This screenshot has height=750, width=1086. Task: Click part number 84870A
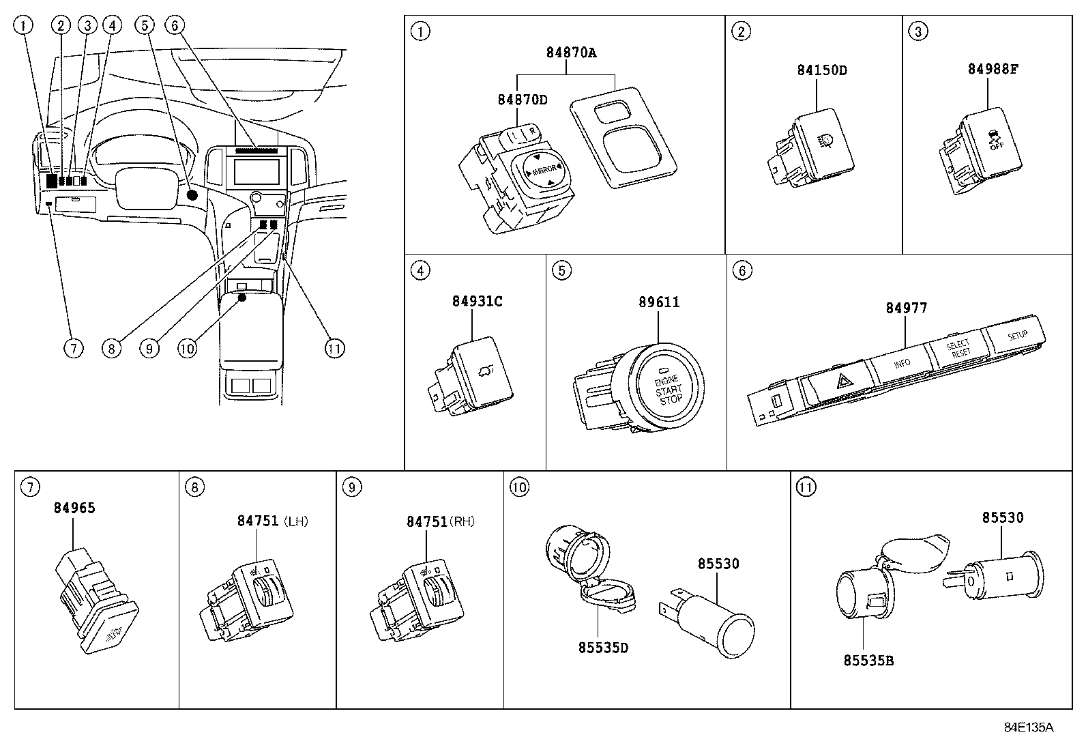tap(571, 53)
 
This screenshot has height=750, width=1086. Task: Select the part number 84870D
tap(522, 100)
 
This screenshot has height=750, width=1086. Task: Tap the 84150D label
tap(822, 70)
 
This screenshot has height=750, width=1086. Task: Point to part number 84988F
tap(993, 69)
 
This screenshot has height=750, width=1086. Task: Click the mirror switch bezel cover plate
tap(624, 136)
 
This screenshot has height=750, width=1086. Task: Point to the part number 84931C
tap(477, 301)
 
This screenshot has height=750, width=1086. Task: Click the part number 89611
tap(659, 302)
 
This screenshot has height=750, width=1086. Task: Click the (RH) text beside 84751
tap(463, 521)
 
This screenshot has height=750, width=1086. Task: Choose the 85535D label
tap(603, 648)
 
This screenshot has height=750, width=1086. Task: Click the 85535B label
tap(868, 661)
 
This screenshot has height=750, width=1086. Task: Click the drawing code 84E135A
tap(1028, 727)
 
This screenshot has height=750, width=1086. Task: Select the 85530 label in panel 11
tap(1003, 518)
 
